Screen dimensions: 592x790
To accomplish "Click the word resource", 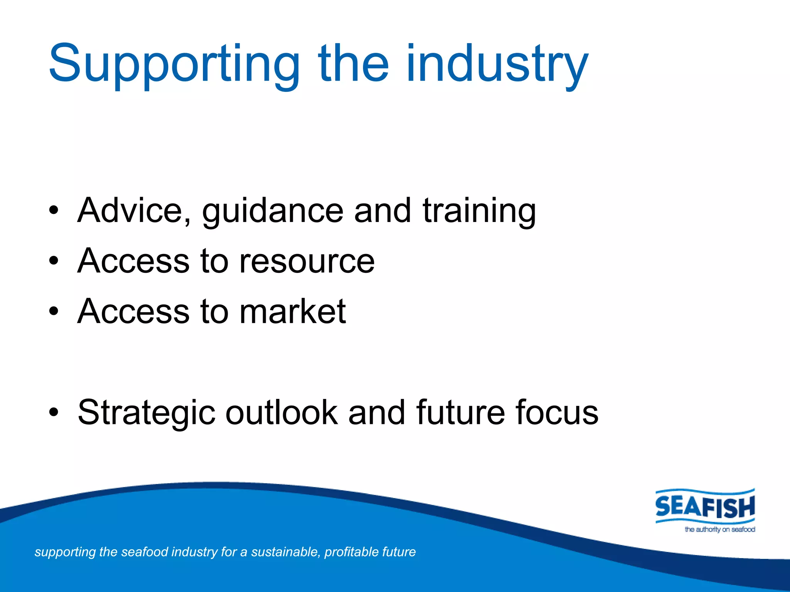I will point(307,261).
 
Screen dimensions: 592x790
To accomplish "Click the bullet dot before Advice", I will point(54,211).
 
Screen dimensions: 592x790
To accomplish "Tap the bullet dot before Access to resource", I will point(54,261).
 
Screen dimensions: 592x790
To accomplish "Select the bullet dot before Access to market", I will point(54,311).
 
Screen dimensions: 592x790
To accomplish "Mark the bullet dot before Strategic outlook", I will point(54,412).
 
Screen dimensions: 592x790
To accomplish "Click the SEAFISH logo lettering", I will point(705,506).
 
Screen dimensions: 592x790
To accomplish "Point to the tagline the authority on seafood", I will point(719,530).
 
